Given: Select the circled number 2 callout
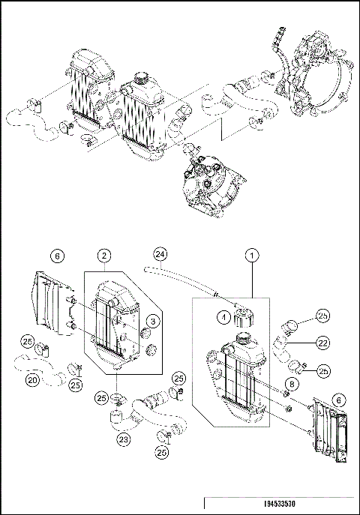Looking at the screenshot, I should click(x=106, y=255).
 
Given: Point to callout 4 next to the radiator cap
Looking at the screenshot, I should click(x=223, y=316).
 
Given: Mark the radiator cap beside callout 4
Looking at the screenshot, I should click(x=245, y=317).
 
